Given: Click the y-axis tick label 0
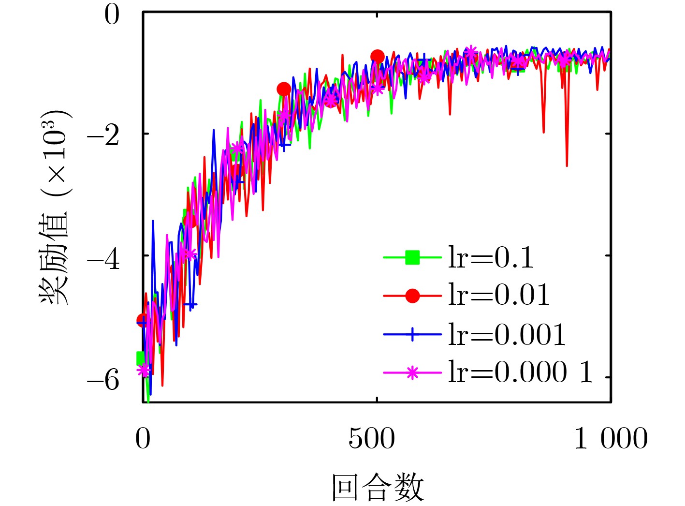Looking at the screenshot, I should (x=112, y=15).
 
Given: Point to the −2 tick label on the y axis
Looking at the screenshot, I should (x=103, y=137).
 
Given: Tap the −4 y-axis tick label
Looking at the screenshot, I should (x=103, y=259).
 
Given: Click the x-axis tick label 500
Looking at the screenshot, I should (x=371, y=439).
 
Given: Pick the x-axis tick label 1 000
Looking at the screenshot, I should (x=611, y=439).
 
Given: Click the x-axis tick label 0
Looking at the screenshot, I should (x=143, y=439).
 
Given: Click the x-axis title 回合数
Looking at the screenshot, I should (x=378, y=488).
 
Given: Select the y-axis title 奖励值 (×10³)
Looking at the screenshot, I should (x=55, y=208).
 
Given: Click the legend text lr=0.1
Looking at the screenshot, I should (x=491, y=258).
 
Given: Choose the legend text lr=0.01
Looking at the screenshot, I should (x=499, y=295).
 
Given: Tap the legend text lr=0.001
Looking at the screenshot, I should (x=507, y=334).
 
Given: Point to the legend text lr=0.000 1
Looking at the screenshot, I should (x=520, y=372).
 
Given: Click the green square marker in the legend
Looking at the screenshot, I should (x=412, y=257).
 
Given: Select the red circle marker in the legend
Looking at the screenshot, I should (x=412, y=295).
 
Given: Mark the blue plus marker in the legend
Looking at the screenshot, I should (x=412, y=334).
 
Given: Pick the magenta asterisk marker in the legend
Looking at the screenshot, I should (x=412, y=372).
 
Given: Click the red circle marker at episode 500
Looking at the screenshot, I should (x=378, y=57).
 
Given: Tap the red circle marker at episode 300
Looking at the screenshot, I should (x=284, y=89).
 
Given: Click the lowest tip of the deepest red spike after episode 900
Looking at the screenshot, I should (x=567, y=166).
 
